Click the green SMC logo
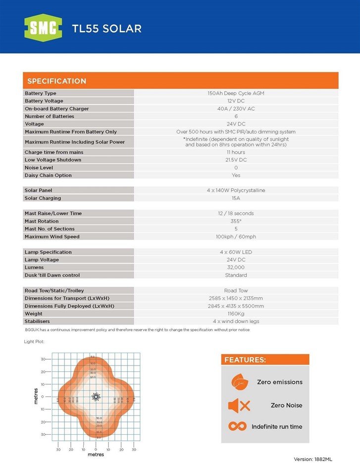click(43, 28)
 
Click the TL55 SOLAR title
click(106, 29)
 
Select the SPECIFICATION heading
click(56, 81)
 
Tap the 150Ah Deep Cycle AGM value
click(236, 93)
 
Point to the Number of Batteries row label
click(50, 116)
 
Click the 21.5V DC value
click(236, 160)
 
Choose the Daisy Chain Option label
click(48, 175)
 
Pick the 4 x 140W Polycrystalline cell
click(236, 190)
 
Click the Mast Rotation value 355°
click(236, 221)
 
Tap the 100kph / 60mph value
click(236, 236)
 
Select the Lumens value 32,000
click(236, 267)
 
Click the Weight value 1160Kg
click(236, 314)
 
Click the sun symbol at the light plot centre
click(96, 397)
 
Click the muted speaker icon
click(239, 406)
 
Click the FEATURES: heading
click(245, 360)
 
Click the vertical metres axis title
click(36, 396)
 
